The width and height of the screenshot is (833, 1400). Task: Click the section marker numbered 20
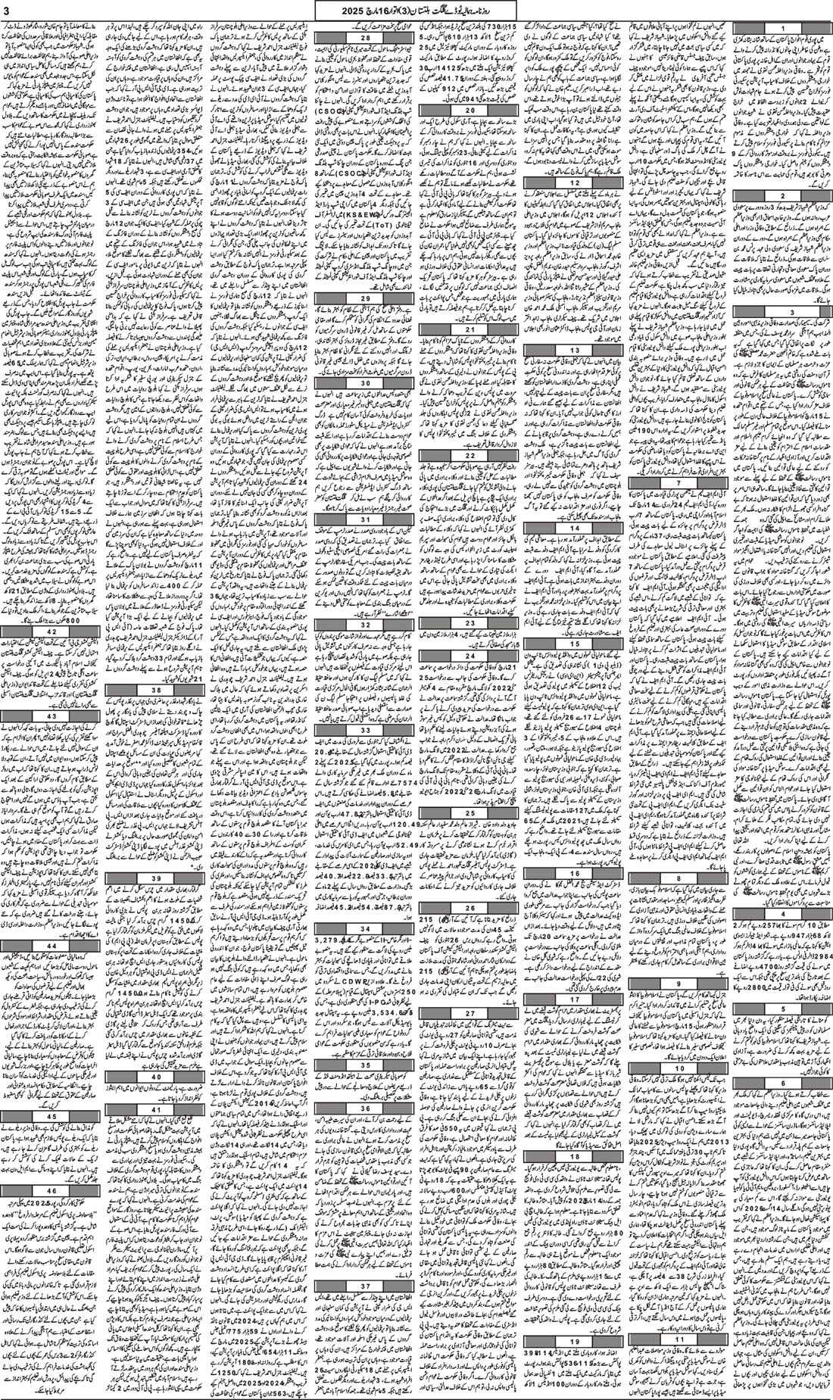[470, 111]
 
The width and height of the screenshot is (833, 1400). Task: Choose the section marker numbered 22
[470, 456]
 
